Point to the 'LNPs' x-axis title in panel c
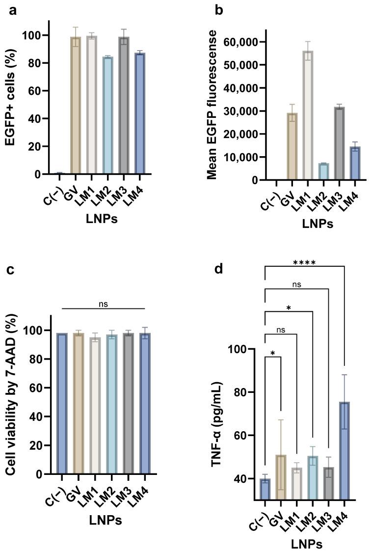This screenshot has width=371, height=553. pos(104,519)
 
